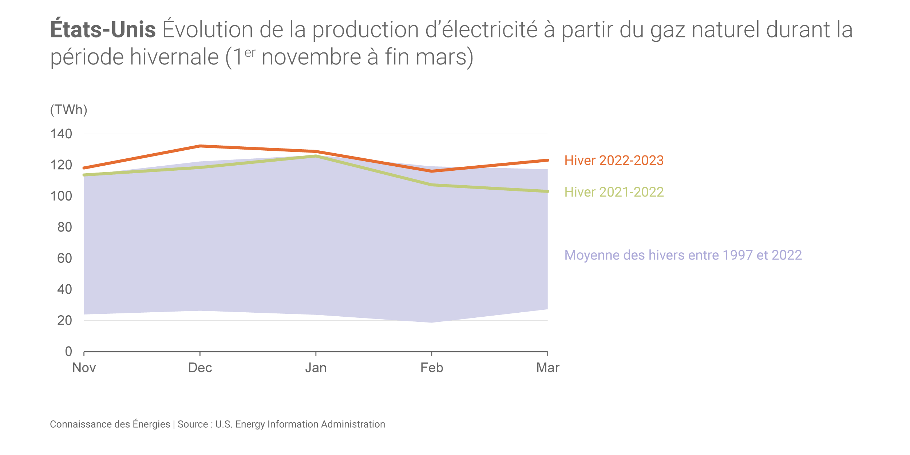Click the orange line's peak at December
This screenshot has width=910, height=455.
[200, 146]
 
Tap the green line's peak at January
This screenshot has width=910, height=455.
[316, 156]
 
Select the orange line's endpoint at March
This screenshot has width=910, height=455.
[547, 160]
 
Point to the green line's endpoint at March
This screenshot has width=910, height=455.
[547, 191]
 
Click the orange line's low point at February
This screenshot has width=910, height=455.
[432, 171]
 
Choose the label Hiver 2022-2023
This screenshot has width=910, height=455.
[614, 161]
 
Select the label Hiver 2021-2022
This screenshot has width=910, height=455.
[614, 192]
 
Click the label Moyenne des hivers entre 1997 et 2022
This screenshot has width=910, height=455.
[683, 255]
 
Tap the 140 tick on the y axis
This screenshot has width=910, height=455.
[61, 134]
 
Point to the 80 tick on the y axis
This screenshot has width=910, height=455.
[64, 227]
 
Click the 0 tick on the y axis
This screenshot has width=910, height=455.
[68, 351]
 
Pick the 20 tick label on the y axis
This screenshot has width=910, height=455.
[64, 320]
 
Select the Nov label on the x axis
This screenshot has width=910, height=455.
[84, 368]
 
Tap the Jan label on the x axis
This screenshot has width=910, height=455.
[316, 368]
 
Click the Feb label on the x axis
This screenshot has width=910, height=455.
[432, 368]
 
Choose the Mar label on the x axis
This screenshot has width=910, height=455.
[547, 368]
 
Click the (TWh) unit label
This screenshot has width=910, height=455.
[68, 110]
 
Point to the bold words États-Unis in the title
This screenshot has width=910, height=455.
[103, 29]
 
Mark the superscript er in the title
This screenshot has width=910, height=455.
[250, 53]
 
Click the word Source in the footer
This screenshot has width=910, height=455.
[193, 424]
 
